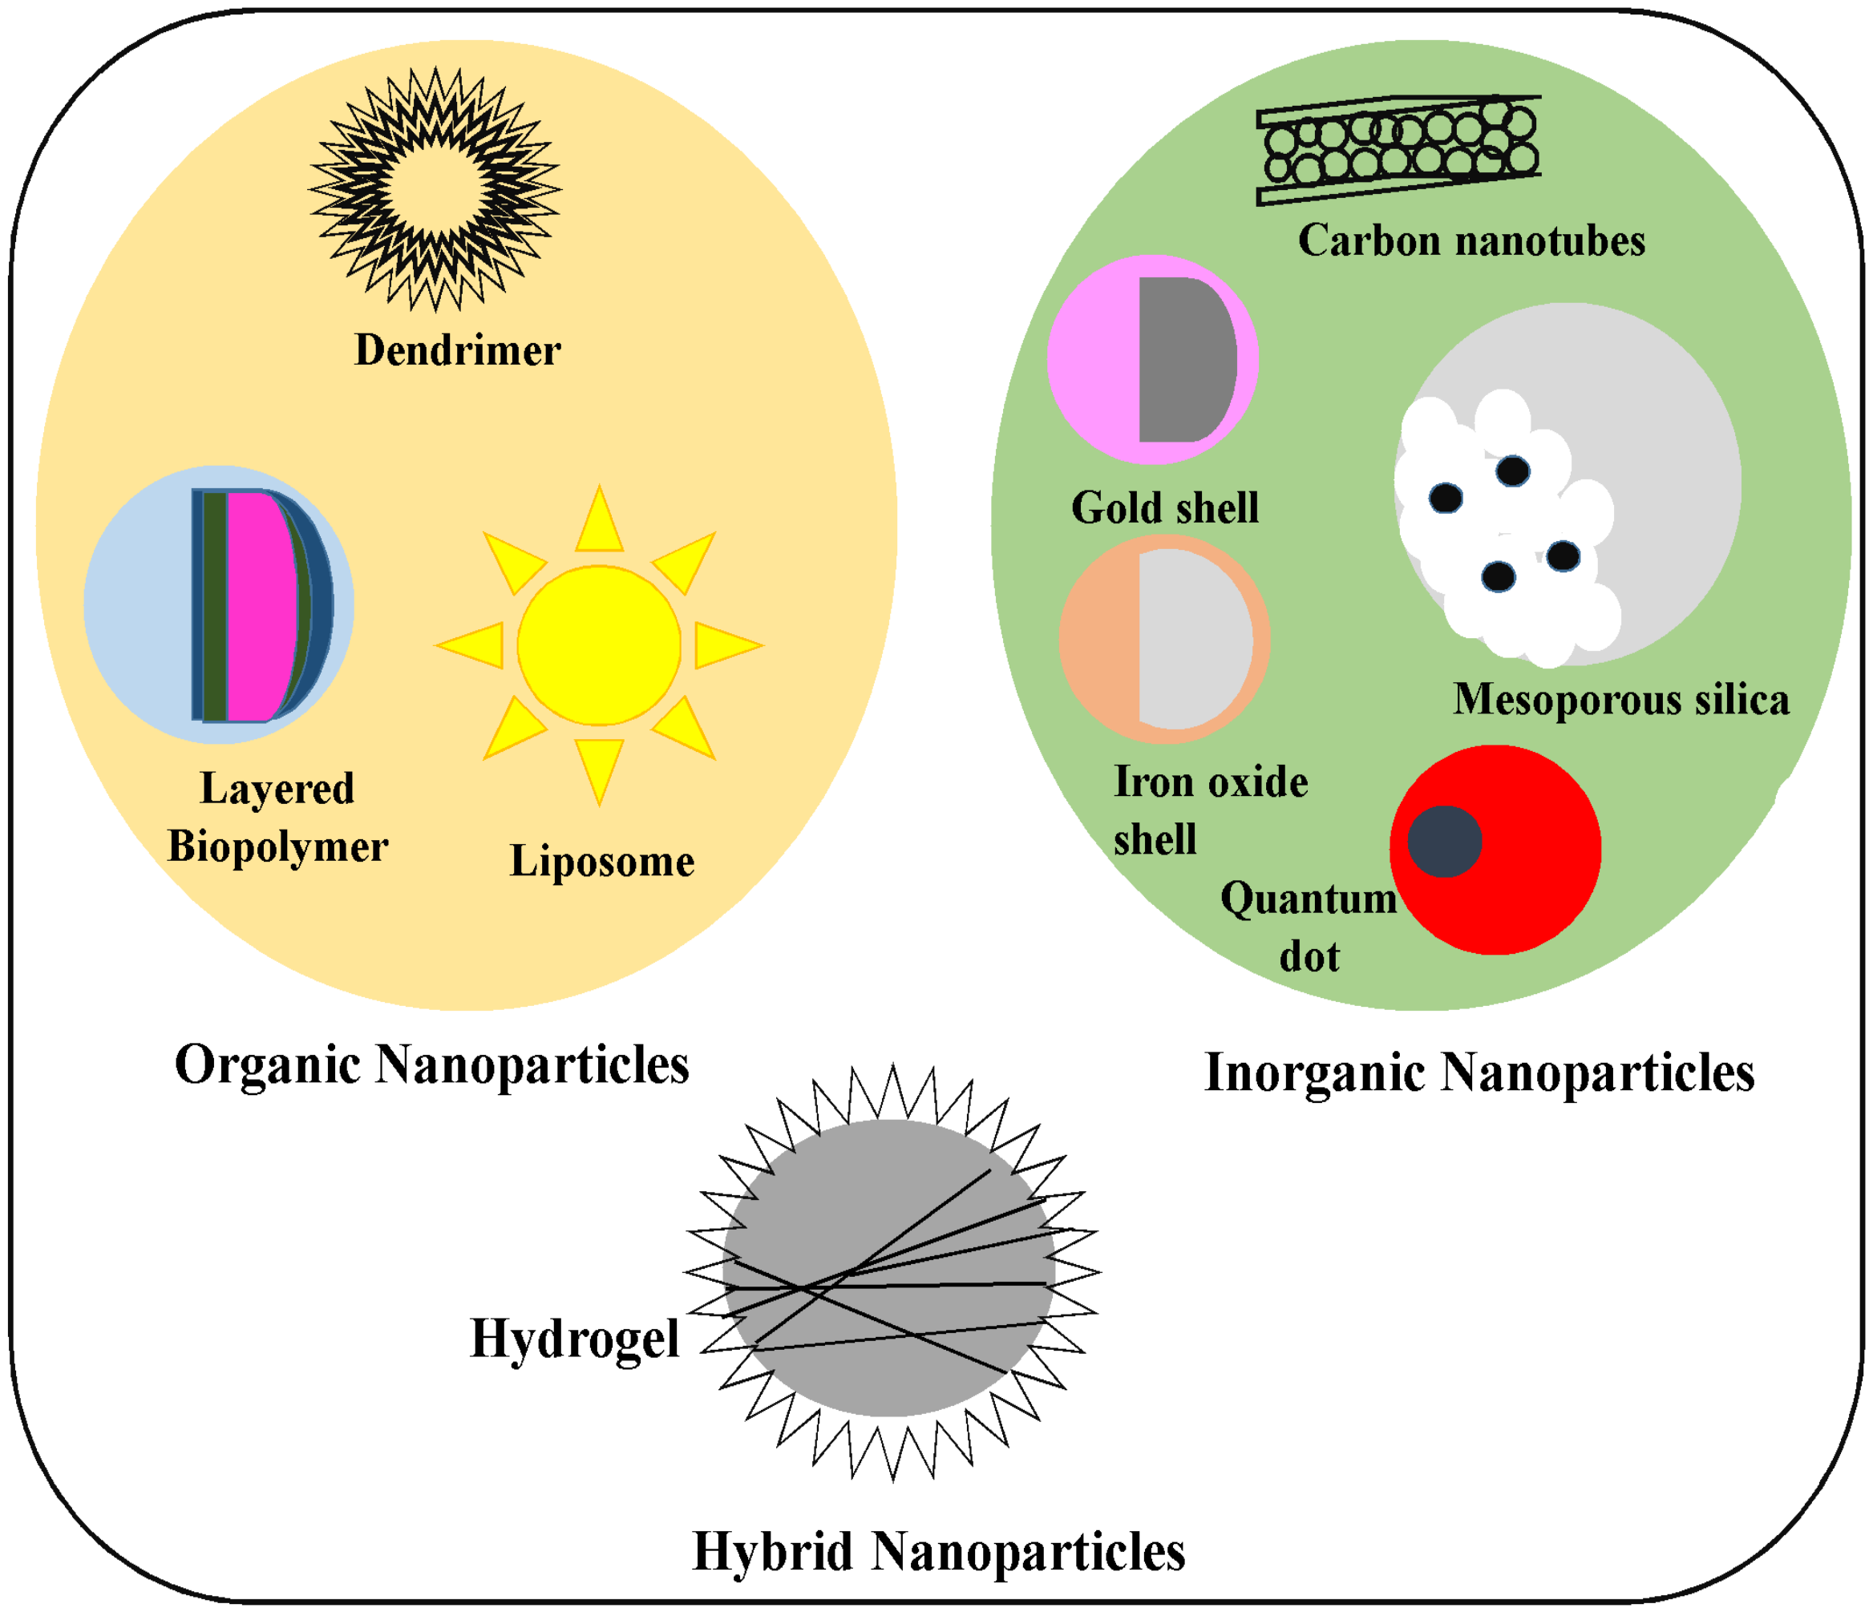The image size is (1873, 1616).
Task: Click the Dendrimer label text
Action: tap(457, 350)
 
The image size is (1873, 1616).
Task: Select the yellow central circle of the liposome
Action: tap(598, 645)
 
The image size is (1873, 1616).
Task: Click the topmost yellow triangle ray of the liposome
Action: tap(599, 523)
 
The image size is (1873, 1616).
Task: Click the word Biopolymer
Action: tap(277, 846)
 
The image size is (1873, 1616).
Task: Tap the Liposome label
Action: tap(602, 860)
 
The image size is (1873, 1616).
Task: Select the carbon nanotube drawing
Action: tap(1398, 150)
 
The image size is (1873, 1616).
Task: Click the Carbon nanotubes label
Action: tap(1470, 241)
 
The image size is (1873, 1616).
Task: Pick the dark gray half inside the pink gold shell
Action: tap(1184, 360)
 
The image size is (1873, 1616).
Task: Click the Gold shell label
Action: tap(1164, 508)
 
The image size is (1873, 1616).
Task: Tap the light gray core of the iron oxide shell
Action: tap(1193, 640)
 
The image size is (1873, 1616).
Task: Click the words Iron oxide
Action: tap(1211, 782)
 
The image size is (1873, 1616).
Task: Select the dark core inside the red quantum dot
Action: tap(1443, 842)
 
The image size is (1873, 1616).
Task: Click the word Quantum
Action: tap(1308, 899)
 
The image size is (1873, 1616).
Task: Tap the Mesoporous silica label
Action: tap(1620, 700)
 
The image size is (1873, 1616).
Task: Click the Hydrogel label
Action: tap(575, 1339)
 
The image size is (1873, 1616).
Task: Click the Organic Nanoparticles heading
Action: tap(431, 1065)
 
